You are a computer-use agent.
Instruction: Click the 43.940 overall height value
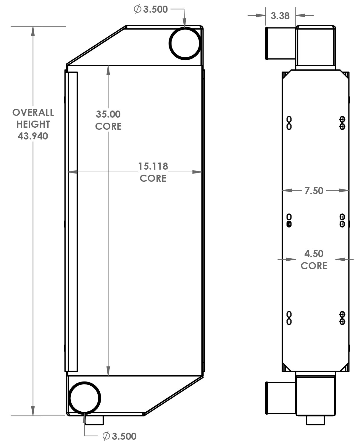(x=33, y=136)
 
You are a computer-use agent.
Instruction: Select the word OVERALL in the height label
(x=33, y=113)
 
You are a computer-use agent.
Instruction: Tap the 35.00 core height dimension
(x=108, y=114)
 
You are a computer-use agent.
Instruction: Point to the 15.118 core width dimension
(x=153, y=166)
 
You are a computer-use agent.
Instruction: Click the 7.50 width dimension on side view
(x=314, y=191)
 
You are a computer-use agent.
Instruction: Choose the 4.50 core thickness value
(x=314, y=254)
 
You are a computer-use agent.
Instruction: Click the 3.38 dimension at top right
(x=280, y=16)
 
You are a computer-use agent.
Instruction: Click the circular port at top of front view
(x=185, y=43)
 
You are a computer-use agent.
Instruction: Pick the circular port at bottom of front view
(x=85, y=397)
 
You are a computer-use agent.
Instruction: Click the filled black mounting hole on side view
(x=289, y=224)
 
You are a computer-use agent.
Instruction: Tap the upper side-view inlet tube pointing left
(x=281, y=43)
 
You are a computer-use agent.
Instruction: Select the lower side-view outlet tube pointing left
(x=281, y=398)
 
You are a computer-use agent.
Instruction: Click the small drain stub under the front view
(x=94, y=420)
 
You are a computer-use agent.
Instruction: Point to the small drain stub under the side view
(x=316, y=420)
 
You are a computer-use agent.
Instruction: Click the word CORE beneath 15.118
(x=153, y=178)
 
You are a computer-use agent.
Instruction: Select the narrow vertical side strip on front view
(x=72, y=222)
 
